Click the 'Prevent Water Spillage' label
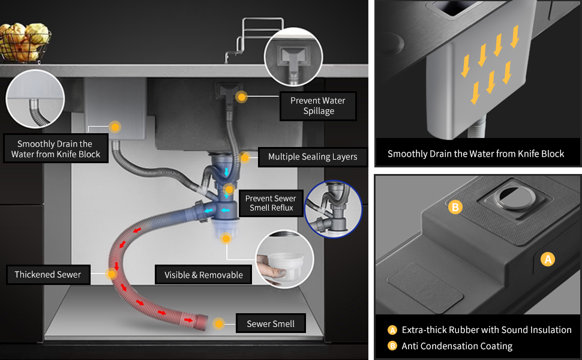(x=318, y=106)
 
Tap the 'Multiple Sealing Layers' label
(x=313, y=157)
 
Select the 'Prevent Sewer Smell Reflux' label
(x=271, y=203)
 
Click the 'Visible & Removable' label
(x=203, y=275)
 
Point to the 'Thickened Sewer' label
(x=48, y=275)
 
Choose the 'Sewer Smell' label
(x=271, y=324)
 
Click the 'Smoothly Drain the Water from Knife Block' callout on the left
(x=55, y=149)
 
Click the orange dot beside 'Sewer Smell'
(x=219, y=323)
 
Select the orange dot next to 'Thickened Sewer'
(x=111, y=274)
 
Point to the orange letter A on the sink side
(x=547, y=260)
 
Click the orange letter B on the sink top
(x=455, y=208)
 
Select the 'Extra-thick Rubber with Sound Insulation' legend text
(x=487, y=330)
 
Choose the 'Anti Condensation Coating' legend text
(x=457, y=346)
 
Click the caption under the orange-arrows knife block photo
(x=476, y=154)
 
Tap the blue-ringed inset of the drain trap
(x=333, y=209)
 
